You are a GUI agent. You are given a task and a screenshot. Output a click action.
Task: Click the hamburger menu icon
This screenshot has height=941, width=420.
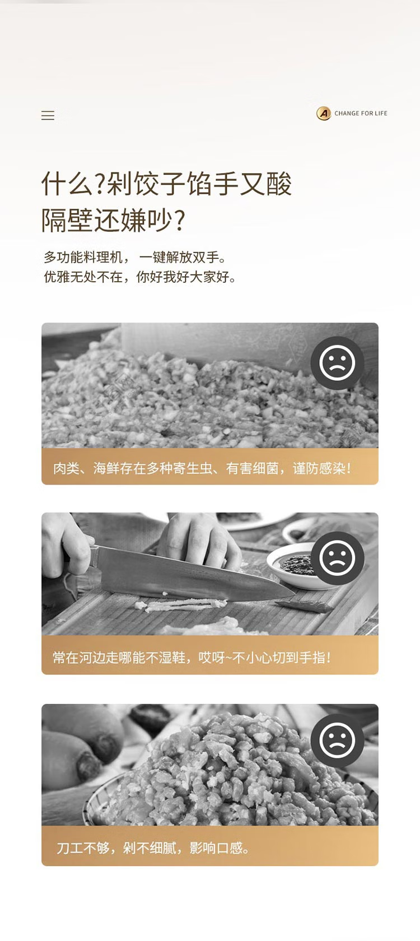(48, 115)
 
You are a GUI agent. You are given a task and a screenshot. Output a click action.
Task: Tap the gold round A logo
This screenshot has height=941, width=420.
(324, 113)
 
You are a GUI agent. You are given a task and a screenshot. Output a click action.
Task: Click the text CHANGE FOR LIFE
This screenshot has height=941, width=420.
(361, 113)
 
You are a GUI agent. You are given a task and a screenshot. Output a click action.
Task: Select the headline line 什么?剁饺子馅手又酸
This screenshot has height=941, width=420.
(166, 184)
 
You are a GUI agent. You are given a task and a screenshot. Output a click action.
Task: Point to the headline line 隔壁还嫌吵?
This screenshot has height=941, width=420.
(113, 220)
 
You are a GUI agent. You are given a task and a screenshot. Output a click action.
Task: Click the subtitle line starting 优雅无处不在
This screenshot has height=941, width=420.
(140, 277)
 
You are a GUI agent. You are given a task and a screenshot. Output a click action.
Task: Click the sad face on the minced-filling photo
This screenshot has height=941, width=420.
(337, 363)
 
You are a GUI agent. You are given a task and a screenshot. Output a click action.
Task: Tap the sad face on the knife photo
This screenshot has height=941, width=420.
(337, 557)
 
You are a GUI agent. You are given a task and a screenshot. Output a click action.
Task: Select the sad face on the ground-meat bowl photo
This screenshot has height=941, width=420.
(337, 740)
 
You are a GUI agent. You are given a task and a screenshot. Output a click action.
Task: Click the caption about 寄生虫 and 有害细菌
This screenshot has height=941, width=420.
(202, 468)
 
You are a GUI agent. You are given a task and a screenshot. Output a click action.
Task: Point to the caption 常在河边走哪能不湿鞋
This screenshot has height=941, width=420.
(192, 658)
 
